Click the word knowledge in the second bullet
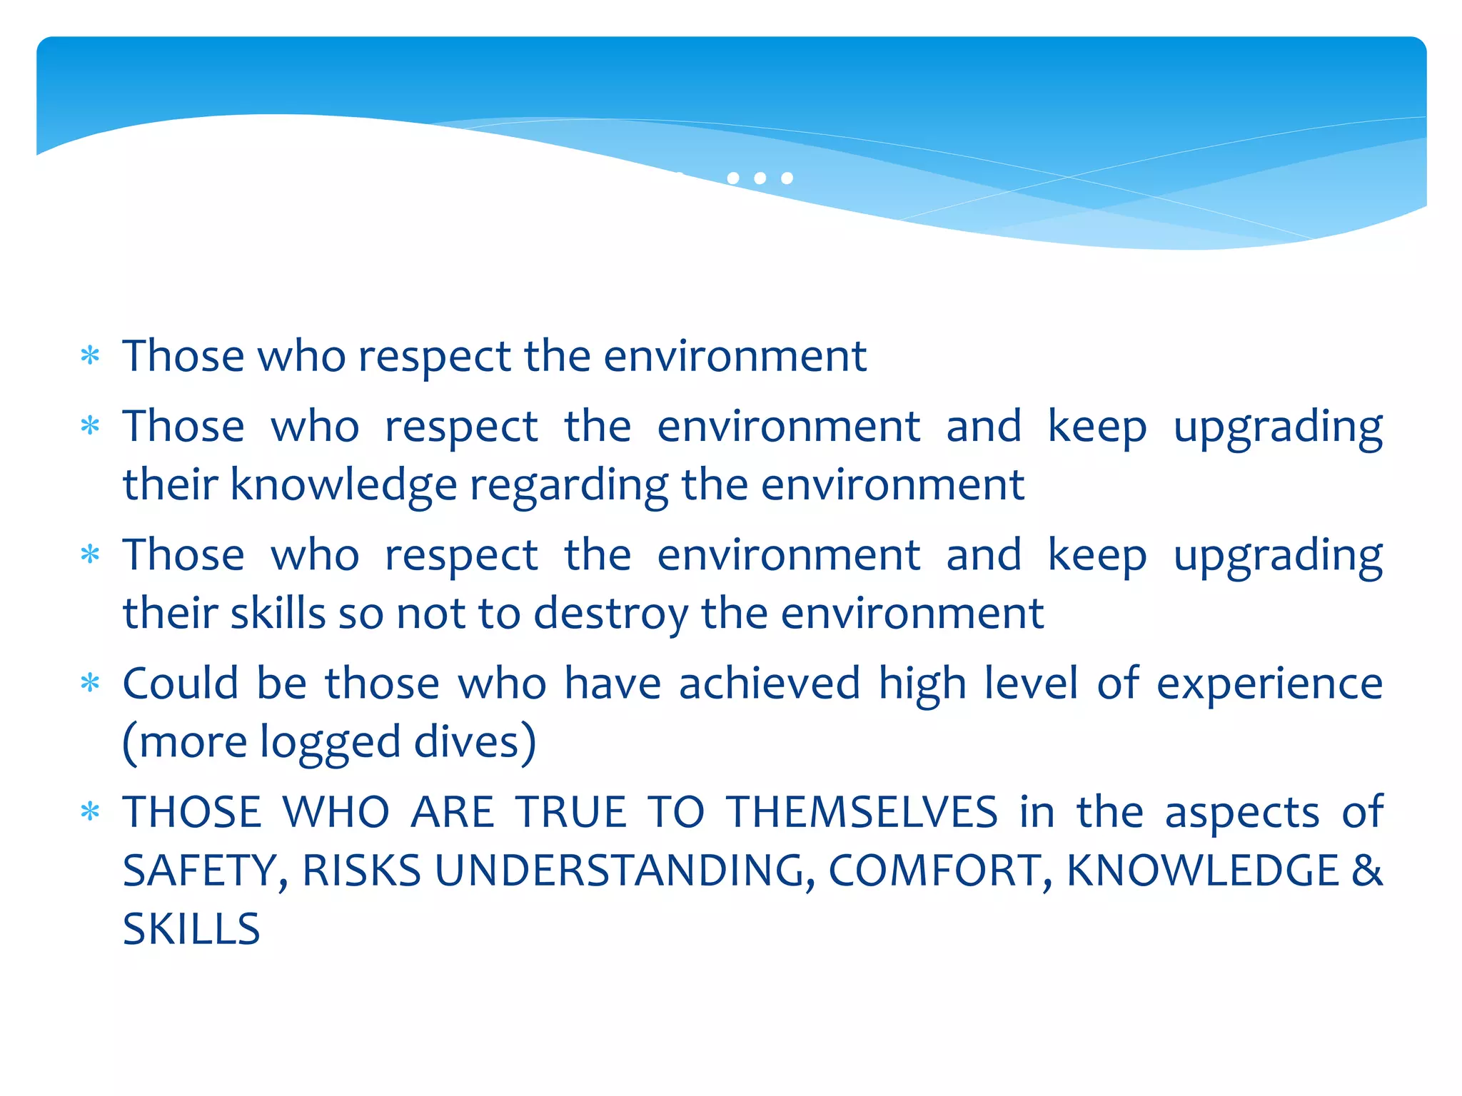coord(343,486)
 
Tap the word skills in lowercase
coord(278,614)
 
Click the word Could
coord(181,684)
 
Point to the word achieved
coord(770,684)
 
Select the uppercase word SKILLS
coord(191,929)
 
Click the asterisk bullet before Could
coord(90,684)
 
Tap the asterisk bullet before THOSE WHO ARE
coord(90,812)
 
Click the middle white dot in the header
coord(760,178)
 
